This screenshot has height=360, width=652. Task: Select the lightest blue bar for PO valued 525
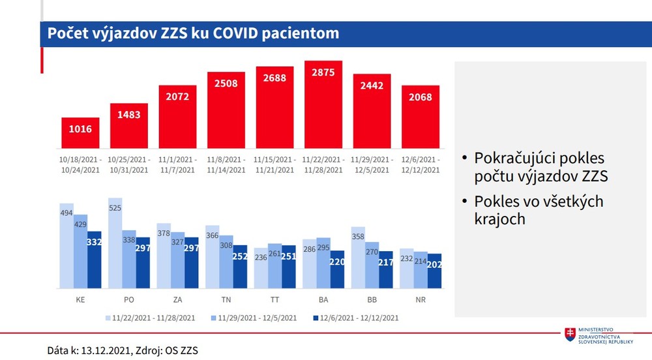coord(115,243)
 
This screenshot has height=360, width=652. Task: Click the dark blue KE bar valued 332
coord(95,260)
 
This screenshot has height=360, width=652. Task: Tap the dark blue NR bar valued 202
coord(434,271)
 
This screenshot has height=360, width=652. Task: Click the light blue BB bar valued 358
coord(357,258)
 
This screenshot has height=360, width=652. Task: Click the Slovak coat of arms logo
coord(570,335)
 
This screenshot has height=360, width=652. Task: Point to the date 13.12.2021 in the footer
coord(104,350)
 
